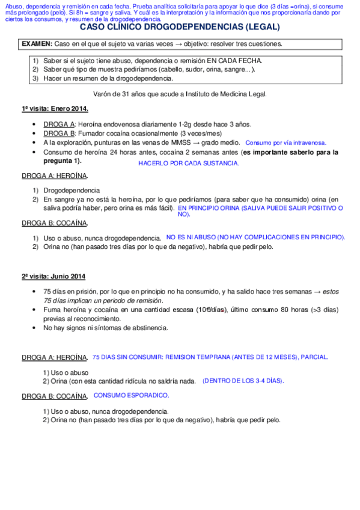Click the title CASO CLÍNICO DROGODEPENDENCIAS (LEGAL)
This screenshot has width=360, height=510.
tap(180, 27)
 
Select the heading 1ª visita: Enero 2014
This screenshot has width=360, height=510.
tap(55, 109)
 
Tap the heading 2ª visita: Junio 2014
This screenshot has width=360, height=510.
tap(53, 277)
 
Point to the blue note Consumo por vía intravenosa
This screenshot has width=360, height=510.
tap(286, 143)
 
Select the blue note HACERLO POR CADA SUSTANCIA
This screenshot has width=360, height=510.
tap(189, 163)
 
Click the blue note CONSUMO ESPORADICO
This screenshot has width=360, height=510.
tap(132, 395)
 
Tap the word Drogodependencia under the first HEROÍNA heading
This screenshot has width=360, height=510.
tap(72, 190)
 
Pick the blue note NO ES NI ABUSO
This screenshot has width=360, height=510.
tap(255, 238)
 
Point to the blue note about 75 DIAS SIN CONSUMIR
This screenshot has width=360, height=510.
tap(210, 357)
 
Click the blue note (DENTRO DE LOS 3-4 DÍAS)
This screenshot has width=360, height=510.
tap(243, 381)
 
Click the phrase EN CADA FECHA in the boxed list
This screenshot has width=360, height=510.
tap(234, 61)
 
